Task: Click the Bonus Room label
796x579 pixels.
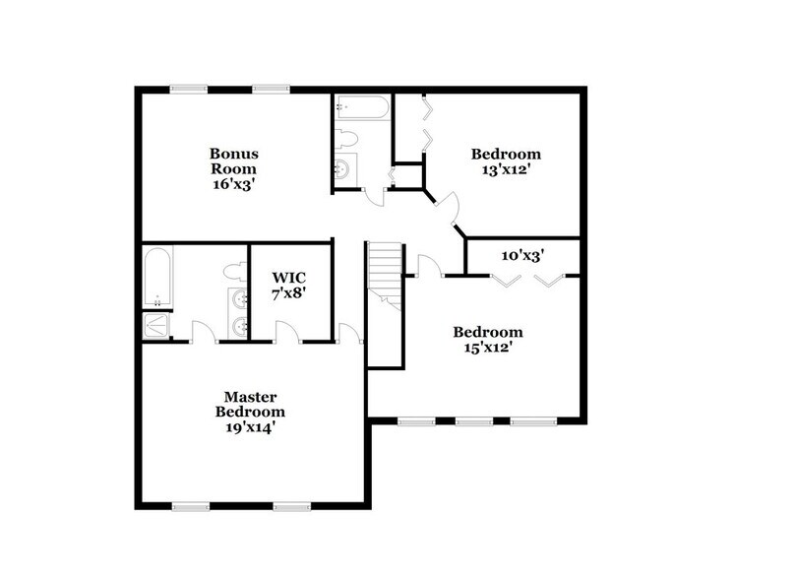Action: [233, 161]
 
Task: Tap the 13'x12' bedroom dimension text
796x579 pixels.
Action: [506, 169]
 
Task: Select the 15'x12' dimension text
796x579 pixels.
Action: [487, 348]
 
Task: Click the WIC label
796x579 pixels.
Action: [290, 278]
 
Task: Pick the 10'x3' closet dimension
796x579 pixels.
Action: [523, 255]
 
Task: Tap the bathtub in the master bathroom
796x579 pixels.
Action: [157, 278]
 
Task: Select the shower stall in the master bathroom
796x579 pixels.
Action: [156, 326]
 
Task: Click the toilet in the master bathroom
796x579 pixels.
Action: [233, 270]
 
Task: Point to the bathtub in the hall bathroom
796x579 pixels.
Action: [360, 106]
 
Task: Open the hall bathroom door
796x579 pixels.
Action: [374, 193]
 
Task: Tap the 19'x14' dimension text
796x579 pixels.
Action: [253, 427]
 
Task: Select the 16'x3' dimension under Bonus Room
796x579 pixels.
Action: [233, 183]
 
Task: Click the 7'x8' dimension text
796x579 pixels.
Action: [290, 293]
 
